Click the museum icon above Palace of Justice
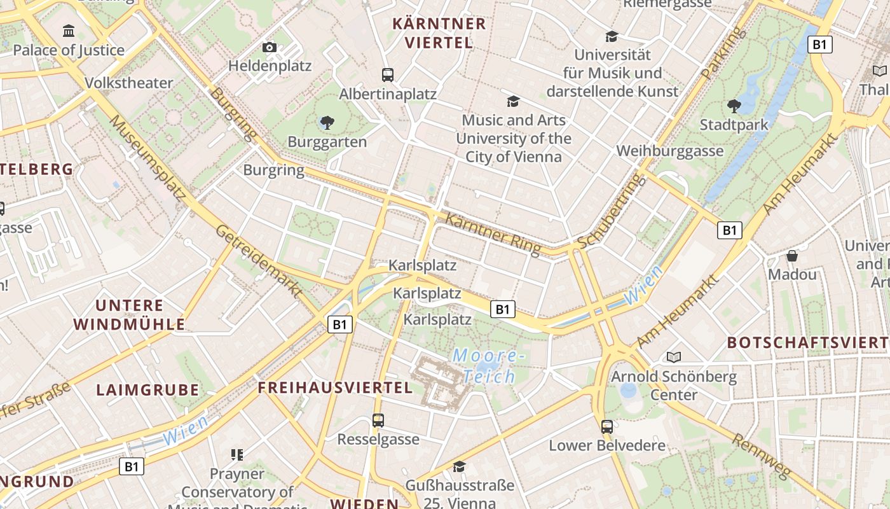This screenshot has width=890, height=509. pyautogui.click(x=69, y=31)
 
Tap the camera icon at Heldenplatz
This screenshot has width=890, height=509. pyautogui.click(x=270, y=47)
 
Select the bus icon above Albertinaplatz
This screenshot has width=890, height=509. pyautogui.click(x=388, y=74)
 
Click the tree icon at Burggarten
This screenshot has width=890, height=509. pyautogui.click(x=327, y=122)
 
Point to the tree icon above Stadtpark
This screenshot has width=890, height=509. pyautogui.click(x=734, y=106)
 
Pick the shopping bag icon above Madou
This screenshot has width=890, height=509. pyautogui.click(x=792, y=256)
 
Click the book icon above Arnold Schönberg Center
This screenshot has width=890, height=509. pyautogui.click(x=674, y=357)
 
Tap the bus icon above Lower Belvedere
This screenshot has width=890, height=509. pyautogui.click(x=607, y=426)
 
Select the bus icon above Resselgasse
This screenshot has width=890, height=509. pyautogui.click(x=378, y=420)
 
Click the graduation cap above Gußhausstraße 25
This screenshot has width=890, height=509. pyautogui.click(x=460, y=466)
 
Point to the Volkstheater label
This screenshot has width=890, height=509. pyautogui.click(x=129, y=83)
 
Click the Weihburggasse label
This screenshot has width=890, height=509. pyautogui.click(x=670, y=151)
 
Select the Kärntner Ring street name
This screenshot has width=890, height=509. pyautogui.click(x=493, y=232)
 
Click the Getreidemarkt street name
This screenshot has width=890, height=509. pyautogui.click(x=259, y=261)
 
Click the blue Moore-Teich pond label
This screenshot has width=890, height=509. pyautogui.click(x=488, y=366)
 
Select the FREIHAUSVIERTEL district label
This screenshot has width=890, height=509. pyautogui.click(x=335, y=387)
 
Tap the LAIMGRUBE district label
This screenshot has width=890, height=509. pyautogui.click(x=147, y=390)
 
